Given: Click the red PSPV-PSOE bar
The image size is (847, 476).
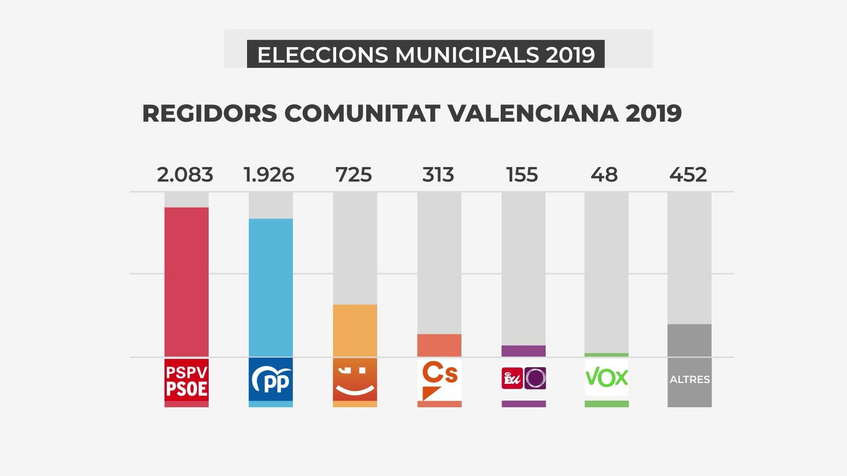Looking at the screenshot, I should [x=186, y=282].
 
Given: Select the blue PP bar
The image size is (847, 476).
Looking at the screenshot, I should [x=271, y=288].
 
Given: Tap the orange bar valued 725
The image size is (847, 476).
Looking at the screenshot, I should [x=355, y=331].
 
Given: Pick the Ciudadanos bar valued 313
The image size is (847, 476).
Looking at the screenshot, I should [x=439, y=345].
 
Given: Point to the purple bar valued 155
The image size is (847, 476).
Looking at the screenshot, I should [x=523, y=351].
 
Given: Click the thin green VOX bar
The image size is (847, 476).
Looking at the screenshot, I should [x=606, y=355].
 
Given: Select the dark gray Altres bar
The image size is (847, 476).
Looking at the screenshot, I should [x=689, y=341].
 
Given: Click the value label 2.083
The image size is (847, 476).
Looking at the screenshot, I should [x=185, y=175].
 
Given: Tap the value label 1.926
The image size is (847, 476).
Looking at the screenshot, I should [x=269, y=175].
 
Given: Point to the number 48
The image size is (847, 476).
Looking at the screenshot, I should [x=604, y=175].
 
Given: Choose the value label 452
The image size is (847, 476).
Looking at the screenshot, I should [x=688, y=175].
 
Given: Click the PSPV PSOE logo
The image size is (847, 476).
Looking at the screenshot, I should [x=186, y=380].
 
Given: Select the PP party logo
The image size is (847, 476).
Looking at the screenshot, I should [x=271, y=380].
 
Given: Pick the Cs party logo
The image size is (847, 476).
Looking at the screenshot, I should [x=439, y=380].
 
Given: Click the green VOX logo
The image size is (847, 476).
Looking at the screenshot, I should [x=606, y=378].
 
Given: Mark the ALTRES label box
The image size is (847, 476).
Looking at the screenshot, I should [x=689, y=380].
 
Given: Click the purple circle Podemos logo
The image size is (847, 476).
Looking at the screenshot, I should [x=535, y=378].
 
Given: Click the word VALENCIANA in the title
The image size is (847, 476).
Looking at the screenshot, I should [x=533, y=113].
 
